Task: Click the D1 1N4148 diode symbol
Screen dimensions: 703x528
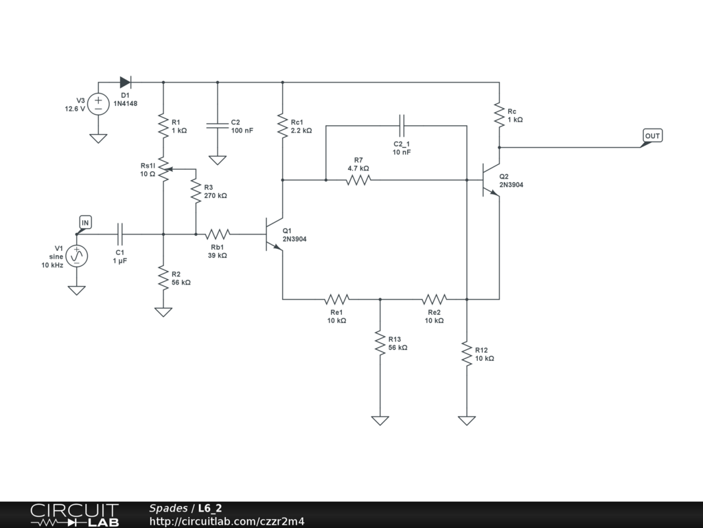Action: coord(125,82)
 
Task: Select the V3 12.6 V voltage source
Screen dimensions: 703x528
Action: coord(98,104)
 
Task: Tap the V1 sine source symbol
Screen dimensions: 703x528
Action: coord(77,256)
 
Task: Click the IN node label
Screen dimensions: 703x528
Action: coord(85,222)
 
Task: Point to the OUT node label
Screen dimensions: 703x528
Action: coord(652,135)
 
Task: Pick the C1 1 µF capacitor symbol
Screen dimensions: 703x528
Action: coord(119,234)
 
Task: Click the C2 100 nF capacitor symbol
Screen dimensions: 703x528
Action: coord(218,125)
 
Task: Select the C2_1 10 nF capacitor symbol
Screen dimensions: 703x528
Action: coord(402,125)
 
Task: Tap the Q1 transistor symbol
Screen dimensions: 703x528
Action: coord(274,234)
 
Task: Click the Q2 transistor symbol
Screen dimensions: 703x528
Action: coord(491,179)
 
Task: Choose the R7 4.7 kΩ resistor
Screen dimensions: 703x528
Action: coord(358,179)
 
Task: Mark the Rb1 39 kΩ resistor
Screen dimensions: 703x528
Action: coord(218,234)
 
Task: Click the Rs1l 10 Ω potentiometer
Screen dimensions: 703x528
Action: coord(164,169)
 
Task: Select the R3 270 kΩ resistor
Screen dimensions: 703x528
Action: coord(196,191)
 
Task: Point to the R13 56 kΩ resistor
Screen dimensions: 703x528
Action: coord(380,343)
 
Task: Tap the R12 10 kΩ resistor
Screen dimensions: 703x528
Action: coord(467,354)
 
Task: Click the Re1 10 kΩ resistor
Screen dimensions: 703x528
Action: coord(336,298)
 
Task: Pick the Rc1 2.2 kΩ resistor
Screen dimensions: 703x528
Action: coord(282,126)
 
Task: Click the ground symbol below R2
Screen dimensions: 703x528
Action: coord(163,311)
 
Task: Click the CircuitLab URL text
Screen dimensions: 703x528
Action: coord(227,521)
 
